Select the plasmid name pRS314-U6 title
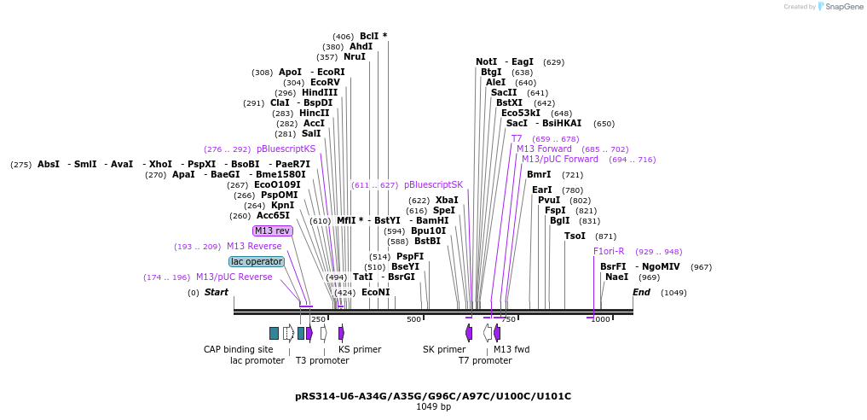point(433,396)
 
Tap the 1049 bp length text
point(433,407)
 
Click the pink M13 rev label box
point(273,230)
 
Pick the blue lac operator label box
point(257,261)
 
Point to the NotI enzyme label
point(486,61)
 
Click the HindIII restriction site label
point(320,92)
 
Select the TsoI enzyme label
point(575,236)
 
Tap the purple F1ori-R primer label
point(609,251)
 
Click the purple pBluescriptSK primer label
point(433,184)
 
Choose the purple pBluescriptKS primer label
point(286,149)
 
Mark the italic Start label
point(217,292)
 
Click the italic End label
point(641,292)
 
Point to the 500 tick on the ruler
point(413,319)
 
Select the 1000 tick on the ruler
point(601,319)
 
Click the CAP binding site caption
point(238,349)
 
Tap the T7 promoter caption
point(485,360)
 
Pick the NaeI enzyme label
point(616,277)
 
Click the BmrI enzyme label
point(539,174)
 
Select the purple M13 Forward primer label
point(544,149)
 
